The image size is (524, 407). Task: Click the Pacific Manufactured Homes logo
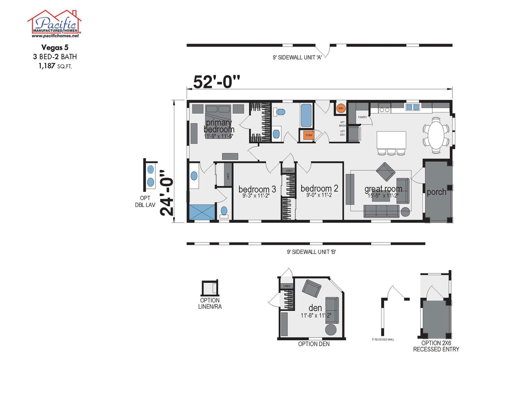click(x=54, y=24)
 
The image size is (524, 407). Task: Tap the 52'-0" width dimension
click(x=216, y=81)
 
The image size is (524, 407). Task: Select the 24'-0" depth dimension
click(x=167, y=193)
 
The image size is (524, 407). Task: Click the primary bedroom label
click(x=219, y=126)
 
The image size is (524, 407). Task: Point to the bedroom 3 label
click(x=257, y=189)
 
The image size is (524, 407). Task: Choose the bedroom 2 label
click(x=319, y=188)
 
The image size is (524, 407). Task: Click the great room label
click(x=383, y=189)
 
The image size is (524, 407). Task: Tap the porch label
click(x=436, y=192)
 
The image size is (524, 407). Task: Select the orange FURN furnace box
click(x=309, y=135)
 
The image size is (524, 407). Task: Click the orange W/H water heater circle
click(x=341, y=108)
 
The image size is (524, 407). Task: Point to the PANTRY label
click(x=362, y=116)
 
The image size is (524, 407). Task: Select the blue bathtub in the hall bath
click(x=306, y=115)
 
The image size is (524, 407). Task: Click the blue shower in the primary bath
click(x=202, y=213)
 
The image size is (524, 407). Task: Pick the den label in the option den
click(x=315, y=308)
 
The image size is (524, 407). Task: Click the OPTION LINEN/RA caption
click(x=210, y=304)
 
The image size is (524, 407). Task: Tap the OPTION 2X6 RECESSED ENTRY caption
click(x=436, y=346)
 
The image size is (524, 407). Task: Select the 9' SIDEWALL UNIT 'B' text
click(x=311, y=252)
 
